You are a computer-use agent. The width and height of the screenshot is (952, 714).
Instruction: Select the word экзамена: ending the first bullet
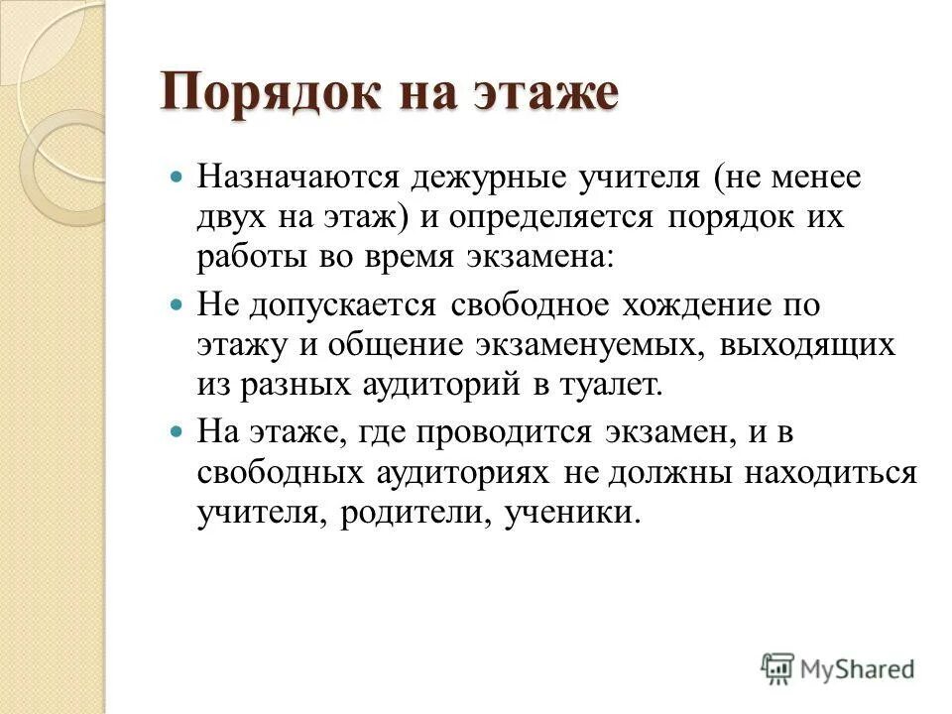(538, 257)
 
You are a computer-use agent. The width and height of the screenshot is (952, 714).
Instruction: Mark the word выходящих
(809, 345)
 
